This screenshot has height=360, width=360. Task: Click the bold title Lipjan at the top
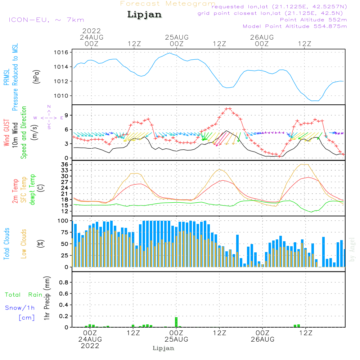(x=144, y=14)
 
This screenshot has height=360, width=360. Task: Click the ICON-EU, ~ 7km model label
(x=46, y=20)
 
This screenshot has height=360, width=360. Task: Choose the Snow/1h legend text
(x=20, y=308)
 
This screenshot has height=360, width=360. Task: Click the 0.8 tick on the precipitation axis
(x=64, y=283)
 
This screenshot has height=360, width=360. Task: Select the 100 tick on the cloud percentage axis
(x=63, y=221)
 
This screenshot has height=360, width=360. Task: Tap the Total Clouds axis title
(x=7, y=244)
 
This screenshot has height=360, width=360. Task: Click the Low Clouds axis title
(x=24, y=244)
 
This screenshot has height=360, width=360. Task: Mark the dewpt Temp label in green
(x=32, y=190)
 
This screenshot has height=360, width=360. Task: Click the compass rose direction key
(x=49, y=117)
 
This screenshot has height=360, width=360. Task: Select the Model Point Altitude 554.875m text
(x=295, y=26)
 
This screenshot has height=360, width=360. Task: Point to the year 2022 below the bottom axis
(x=90, y=346)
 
